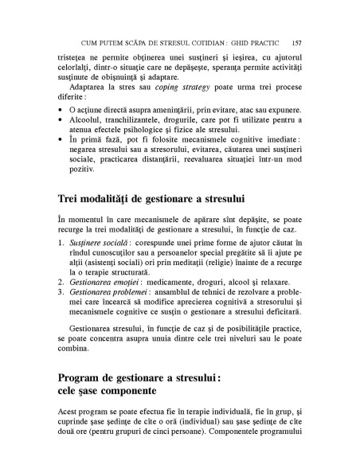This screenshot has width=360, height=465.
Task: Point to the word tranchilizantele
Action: point(136,118)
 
